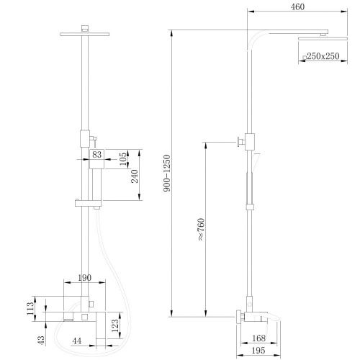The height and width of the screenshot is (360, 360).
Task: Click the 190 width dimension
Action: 84,277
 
